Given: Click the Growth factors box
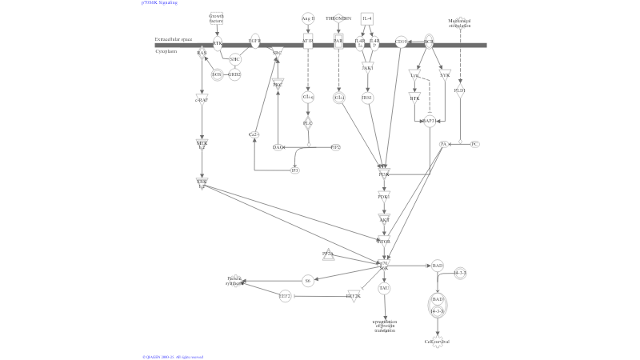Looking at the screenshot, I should point(216,18).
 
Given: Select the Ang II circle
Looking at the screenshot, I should point(308,18).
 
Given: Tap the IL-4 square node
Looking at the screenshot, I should point(366,18).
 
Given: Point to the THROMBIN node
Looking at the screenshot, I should point(338,18).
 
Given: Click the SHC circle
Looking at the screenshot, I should point(234,59).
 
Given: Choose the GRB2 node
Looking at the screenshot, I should point(234,74).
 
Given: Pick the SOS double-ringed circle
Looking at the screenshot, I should point(216,74).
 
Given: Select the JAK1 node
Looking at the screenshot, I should point(367,69).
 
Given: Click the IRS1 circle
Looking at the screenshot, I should point(367,98).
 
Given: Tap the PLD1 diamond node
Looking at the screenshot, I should point(459,91).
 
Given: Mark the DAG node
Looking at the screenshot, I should point(278,147).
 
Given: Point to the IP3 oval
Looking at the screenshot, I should point(295,170).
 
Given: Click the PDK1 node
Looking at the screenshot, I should point(384,196).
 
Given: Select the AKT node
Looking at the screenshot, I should point(384,218).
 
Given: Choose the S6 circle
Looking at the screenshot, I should point(307,281).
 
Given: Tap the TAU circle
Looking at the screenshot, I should point(384,288).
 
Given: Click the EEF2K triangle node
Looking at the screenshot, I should point(354,296).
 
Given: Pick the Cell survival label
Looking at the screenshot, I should point(437,342).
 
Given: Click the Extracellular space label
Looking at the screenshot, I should point(174,38).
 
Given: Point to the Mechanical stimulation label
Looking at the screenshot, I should point(459,22).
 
